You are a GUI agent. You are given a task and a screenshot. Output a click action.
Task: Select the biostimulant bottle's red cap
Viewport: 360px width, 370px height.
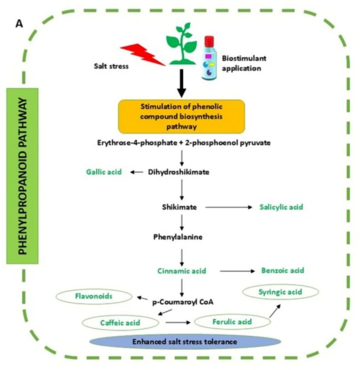click(209, 40)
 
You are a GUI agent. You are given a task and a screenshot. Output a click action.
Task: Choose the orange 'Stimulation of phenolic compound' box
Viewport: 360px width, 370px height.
click(182, 116)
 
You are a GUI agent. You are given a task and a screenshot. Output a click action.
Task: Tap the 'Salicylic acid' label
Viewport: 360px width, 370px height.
click(281, 207)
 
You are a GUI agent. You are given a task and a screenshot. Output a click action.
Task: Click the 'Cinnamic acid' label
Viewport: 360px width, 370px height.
click(182, 271)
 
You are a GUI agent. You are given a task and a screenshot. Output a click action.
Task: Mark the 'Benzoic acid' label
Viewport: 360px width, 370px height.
click(283, 270)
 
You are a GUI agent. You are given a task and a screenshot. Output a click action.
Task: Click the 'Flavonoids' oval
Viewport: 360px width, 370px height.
click(94, 296)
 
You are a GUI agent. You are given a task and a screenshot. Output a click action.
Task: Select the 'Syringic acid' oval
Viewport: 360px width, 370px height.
click(281, 292)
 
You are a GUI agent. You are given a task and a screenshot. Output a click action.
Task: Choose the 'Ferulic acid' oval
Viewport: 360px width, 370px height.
click(232, 322)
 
